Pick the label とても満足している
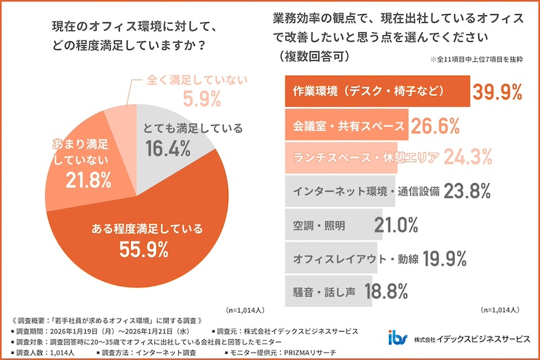[193, 128]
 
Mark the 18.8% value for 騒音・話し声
[387, 291]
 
